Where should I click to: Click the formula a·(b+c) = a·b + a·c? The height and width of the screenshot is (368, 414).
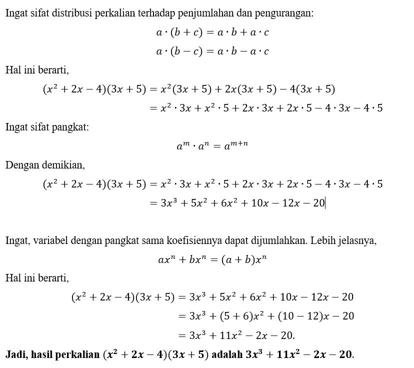click(x=212, y=32)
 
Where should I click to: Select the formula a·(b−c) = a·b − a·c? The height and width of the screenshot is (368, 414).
click(x=212, y=51)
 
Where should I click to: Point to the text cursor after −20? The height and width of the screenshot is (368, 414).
click(x=325, y=203)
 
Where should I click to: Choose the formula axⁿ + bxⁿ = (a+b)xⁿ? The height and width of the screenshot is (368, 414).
click(x=212, y=259)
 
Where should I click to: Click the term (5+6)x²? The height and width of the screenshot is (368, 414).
click(x=238, y=316)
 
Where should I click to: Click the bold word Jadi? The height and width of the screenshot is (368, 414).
click(x=15, y=354)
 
